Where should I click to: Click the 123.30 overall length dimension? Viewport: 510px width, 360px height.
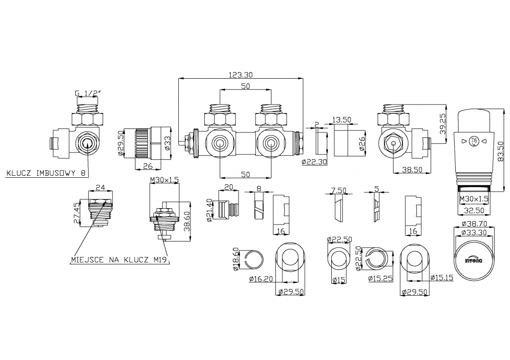pos(241,75)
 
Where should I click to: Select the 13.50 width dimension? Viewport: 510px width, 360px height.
pos(343,120)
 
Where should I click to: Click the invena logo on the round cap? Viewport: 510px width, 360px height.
pos(473,258)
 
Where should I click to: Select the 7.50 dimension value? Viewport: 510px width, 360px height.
pos(338,190)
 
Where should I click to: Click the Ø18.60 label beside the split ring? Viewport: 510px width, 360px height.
pos(236,259)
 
